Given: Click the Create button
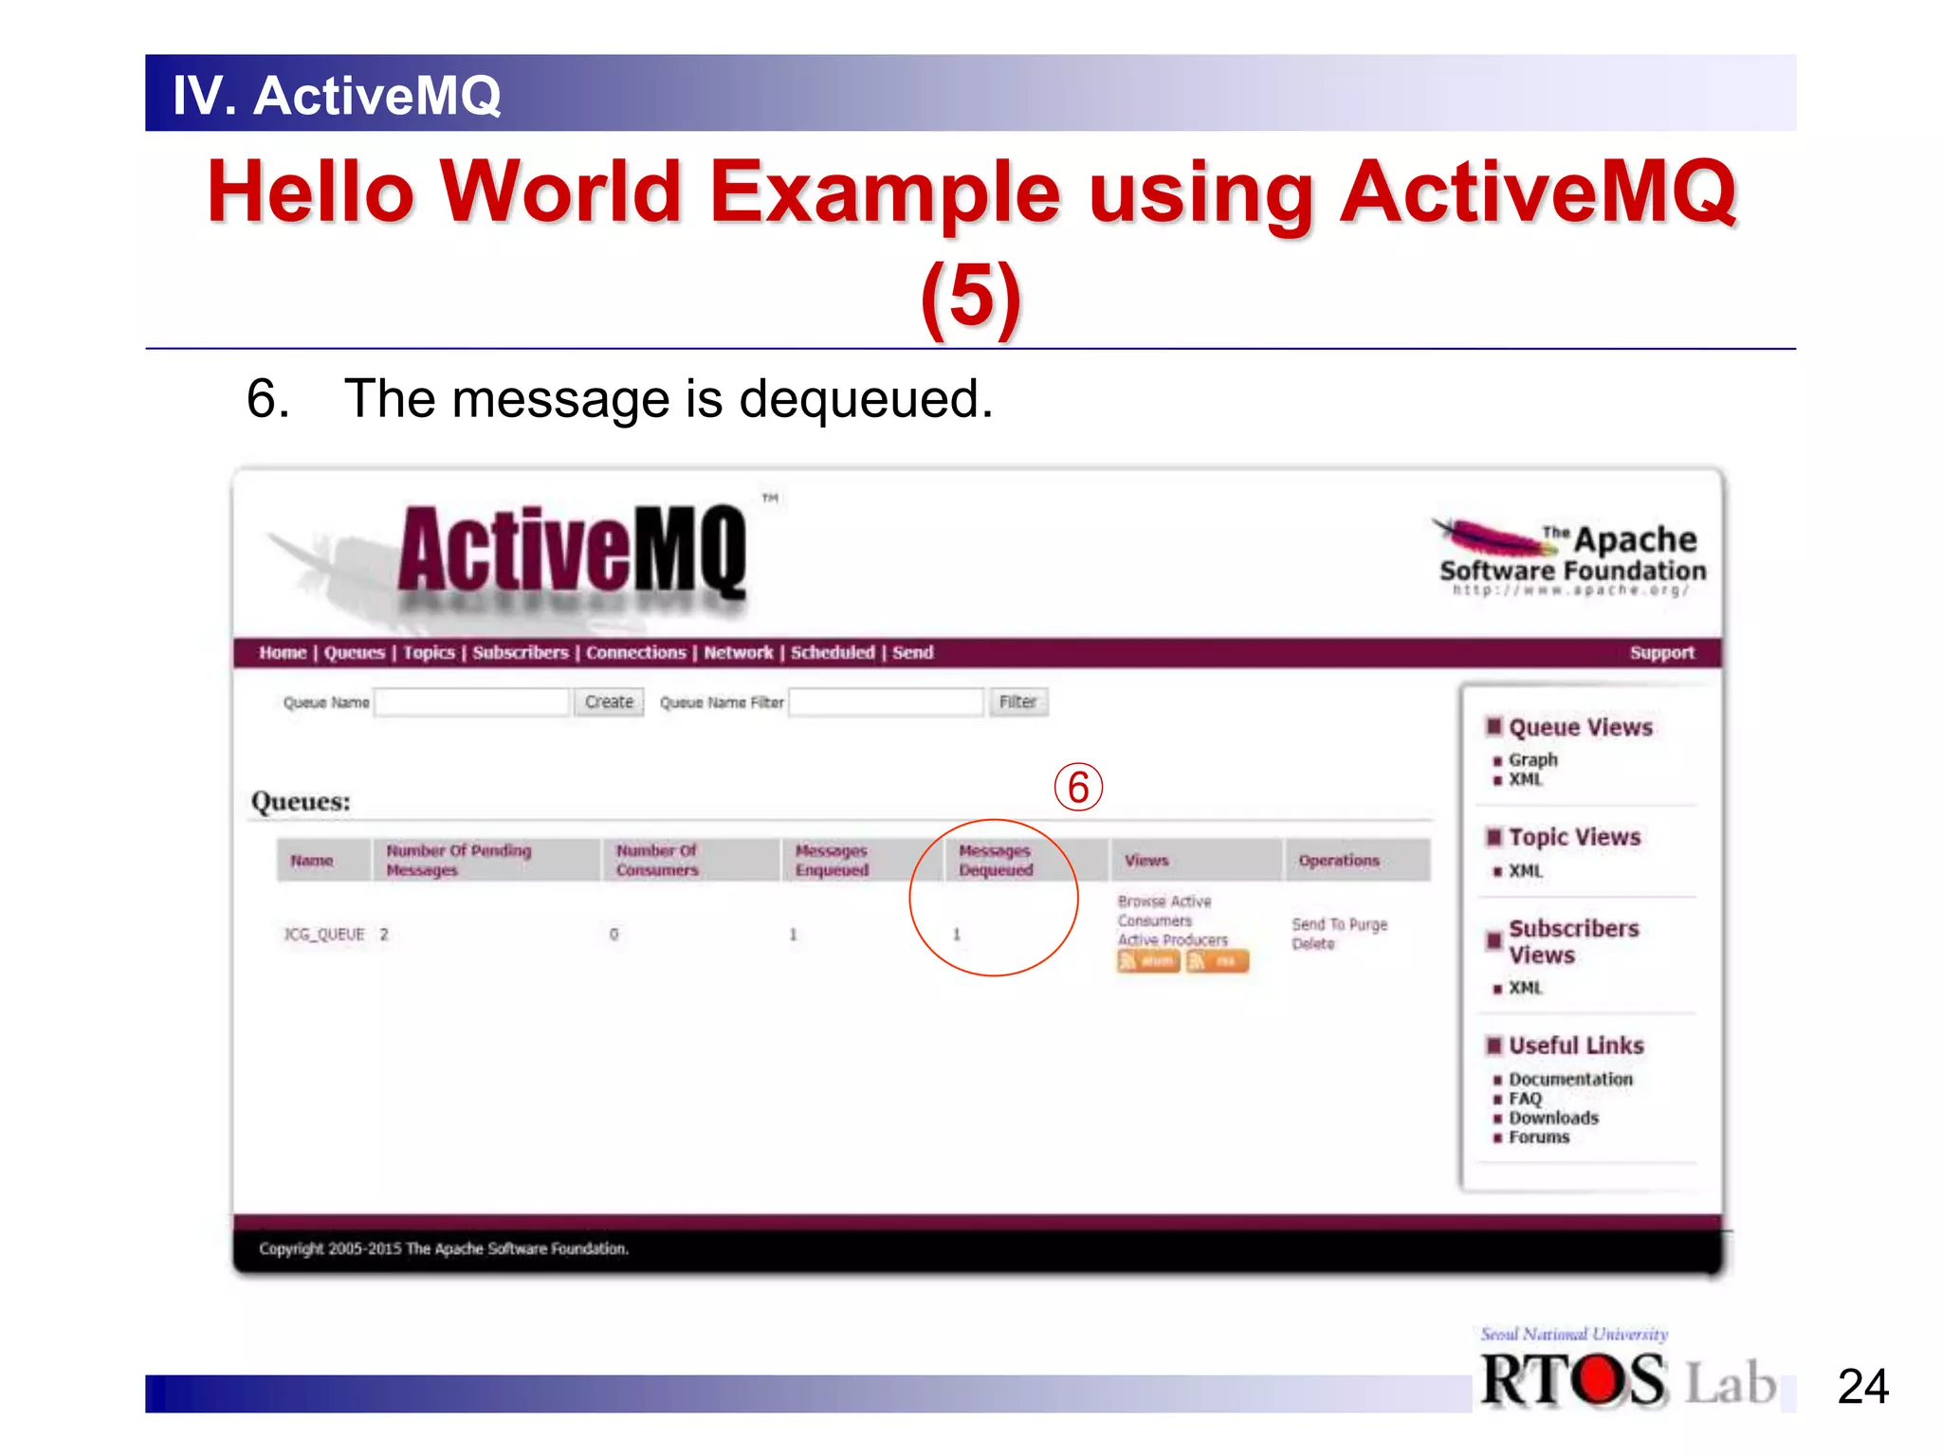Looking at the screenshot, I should (609, 702).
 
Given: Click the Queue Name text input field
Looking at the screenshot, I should (472, 702).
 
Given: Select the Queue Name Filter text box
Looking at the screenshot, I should (886, 702).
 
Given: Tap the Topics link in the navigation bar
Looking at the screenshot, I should (429, 652).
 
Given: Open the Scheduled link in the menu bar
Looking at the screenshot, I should (833, 652).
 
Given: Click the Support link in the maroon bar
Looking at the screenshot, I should (1661, 652).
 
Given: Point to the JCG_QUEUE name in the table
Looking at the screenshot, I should (324, 935).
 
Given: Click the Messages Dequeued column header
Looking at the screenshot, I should (996, 860).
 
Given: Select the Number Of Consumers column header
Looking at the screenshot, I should (656, 860).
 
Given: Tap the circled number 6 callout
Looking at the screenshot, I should (1078, 788).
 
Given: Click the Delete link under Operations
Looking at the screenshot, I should (1313, 944).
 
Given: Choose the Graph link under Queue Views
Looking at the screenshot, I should (1532, 760).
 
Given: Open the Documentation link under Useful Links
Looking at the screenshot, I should (1570, 1080).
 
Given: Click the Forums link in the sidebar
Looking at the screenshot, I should (1539, 1137).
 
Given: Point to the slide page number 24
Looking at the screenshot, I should (1862, 1387).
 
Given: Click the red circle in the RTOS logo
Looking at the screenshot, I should (1600, 1381).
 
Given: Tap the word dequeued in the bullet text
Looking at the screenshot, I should (865, 400).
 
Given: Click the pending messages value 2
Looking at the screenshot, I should (384, 935).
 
